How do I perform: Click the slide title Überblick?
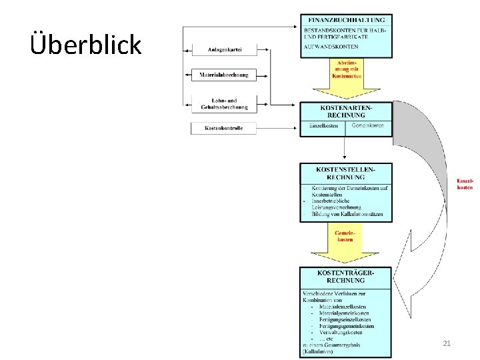(86, 44)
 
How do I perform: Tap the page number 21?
(447, 343)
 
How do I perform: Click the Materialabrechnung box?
(223, 75)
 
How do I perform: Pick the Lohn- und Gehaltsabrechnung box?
(223, 103)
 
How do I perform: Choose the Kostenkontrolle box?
(223, 127)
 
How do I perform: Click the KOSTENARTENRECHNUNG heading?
(346, 111)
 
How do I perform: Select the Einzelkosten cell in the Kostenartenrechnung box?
(323, 126)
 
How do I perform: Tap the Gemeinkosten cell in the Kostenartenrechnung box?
(367, 126)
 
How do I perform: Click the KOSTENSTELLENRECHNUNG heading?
(346, 173)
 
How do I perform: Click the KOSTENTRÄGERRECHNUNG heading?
(346, 277)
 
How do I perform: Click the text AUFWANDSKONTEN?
(331, 47)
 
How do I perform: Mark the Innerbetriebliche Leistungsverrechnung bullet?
(337, 203)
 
